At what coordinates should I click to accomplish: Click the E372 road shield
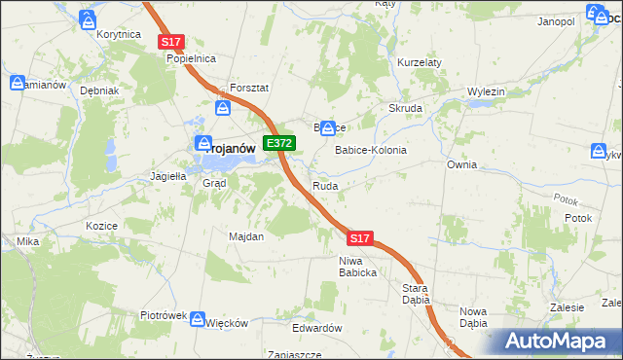tap(279, 143)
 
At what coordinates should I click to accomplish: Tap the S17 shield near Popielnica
tap(171, 42)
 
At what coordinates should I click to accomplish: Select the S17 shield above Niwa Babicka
tap(359, 237)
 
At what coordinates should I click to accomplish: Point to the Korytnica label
tap(120, 34)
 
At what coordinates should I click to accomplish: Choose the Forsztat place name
tap(248, 87)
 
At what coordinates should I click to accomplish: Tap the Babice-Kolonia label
tap(371, 151)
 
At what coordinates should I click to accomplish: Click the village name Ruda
tap(325, 185)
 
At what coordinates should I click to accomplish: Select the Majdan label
tap(246, 236)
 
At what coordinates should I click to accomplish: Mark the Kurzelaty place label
tap(420, 62)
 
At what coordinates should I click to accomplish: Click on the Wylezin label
tap(486, 91)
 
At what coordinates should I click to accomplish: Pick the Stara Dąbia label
tap(416, 294)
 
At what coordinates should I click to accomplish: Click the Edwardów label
tap(318, 328)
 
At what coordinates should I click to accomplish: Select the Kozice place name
tap(102, 225)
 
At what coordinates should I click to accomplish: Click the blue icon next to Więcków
tap(198, 319)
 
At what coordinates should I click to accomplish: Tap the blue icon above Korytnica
tap(89, 18)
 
